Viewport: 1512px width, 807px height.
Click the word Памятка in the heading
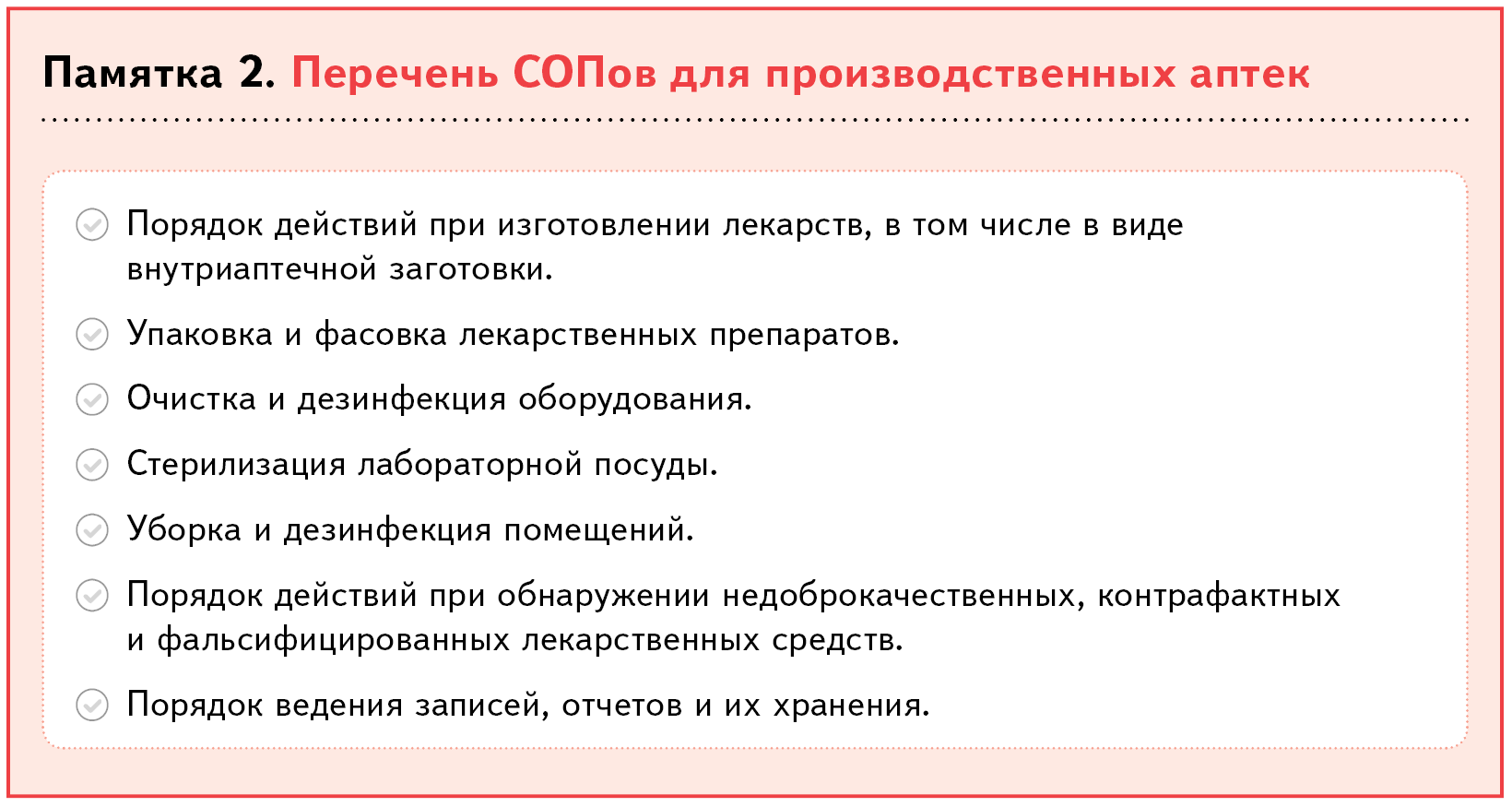133,73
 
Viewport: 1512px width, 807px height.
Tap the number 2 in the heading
257,73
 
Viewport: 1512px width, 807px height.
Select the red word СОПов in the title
585,73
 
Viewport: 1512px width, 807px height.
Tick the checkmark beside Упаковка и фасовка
92,334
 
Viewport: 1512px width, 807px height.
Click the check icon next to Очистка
92,399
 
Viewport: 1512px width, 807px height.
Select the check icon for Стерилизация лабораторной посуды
92,465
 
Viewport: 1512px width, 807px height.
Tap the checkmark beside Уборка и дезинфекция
92,530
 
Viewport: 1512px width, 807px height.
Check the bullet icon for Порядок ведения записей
92,705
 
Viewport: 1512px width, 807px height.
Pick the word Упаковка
200,334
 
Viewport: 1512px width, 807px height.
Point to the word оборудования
634,399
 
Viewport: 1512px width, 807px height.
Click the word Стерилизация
236,465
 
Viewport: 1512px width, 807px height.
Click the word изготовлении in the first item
604,225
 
